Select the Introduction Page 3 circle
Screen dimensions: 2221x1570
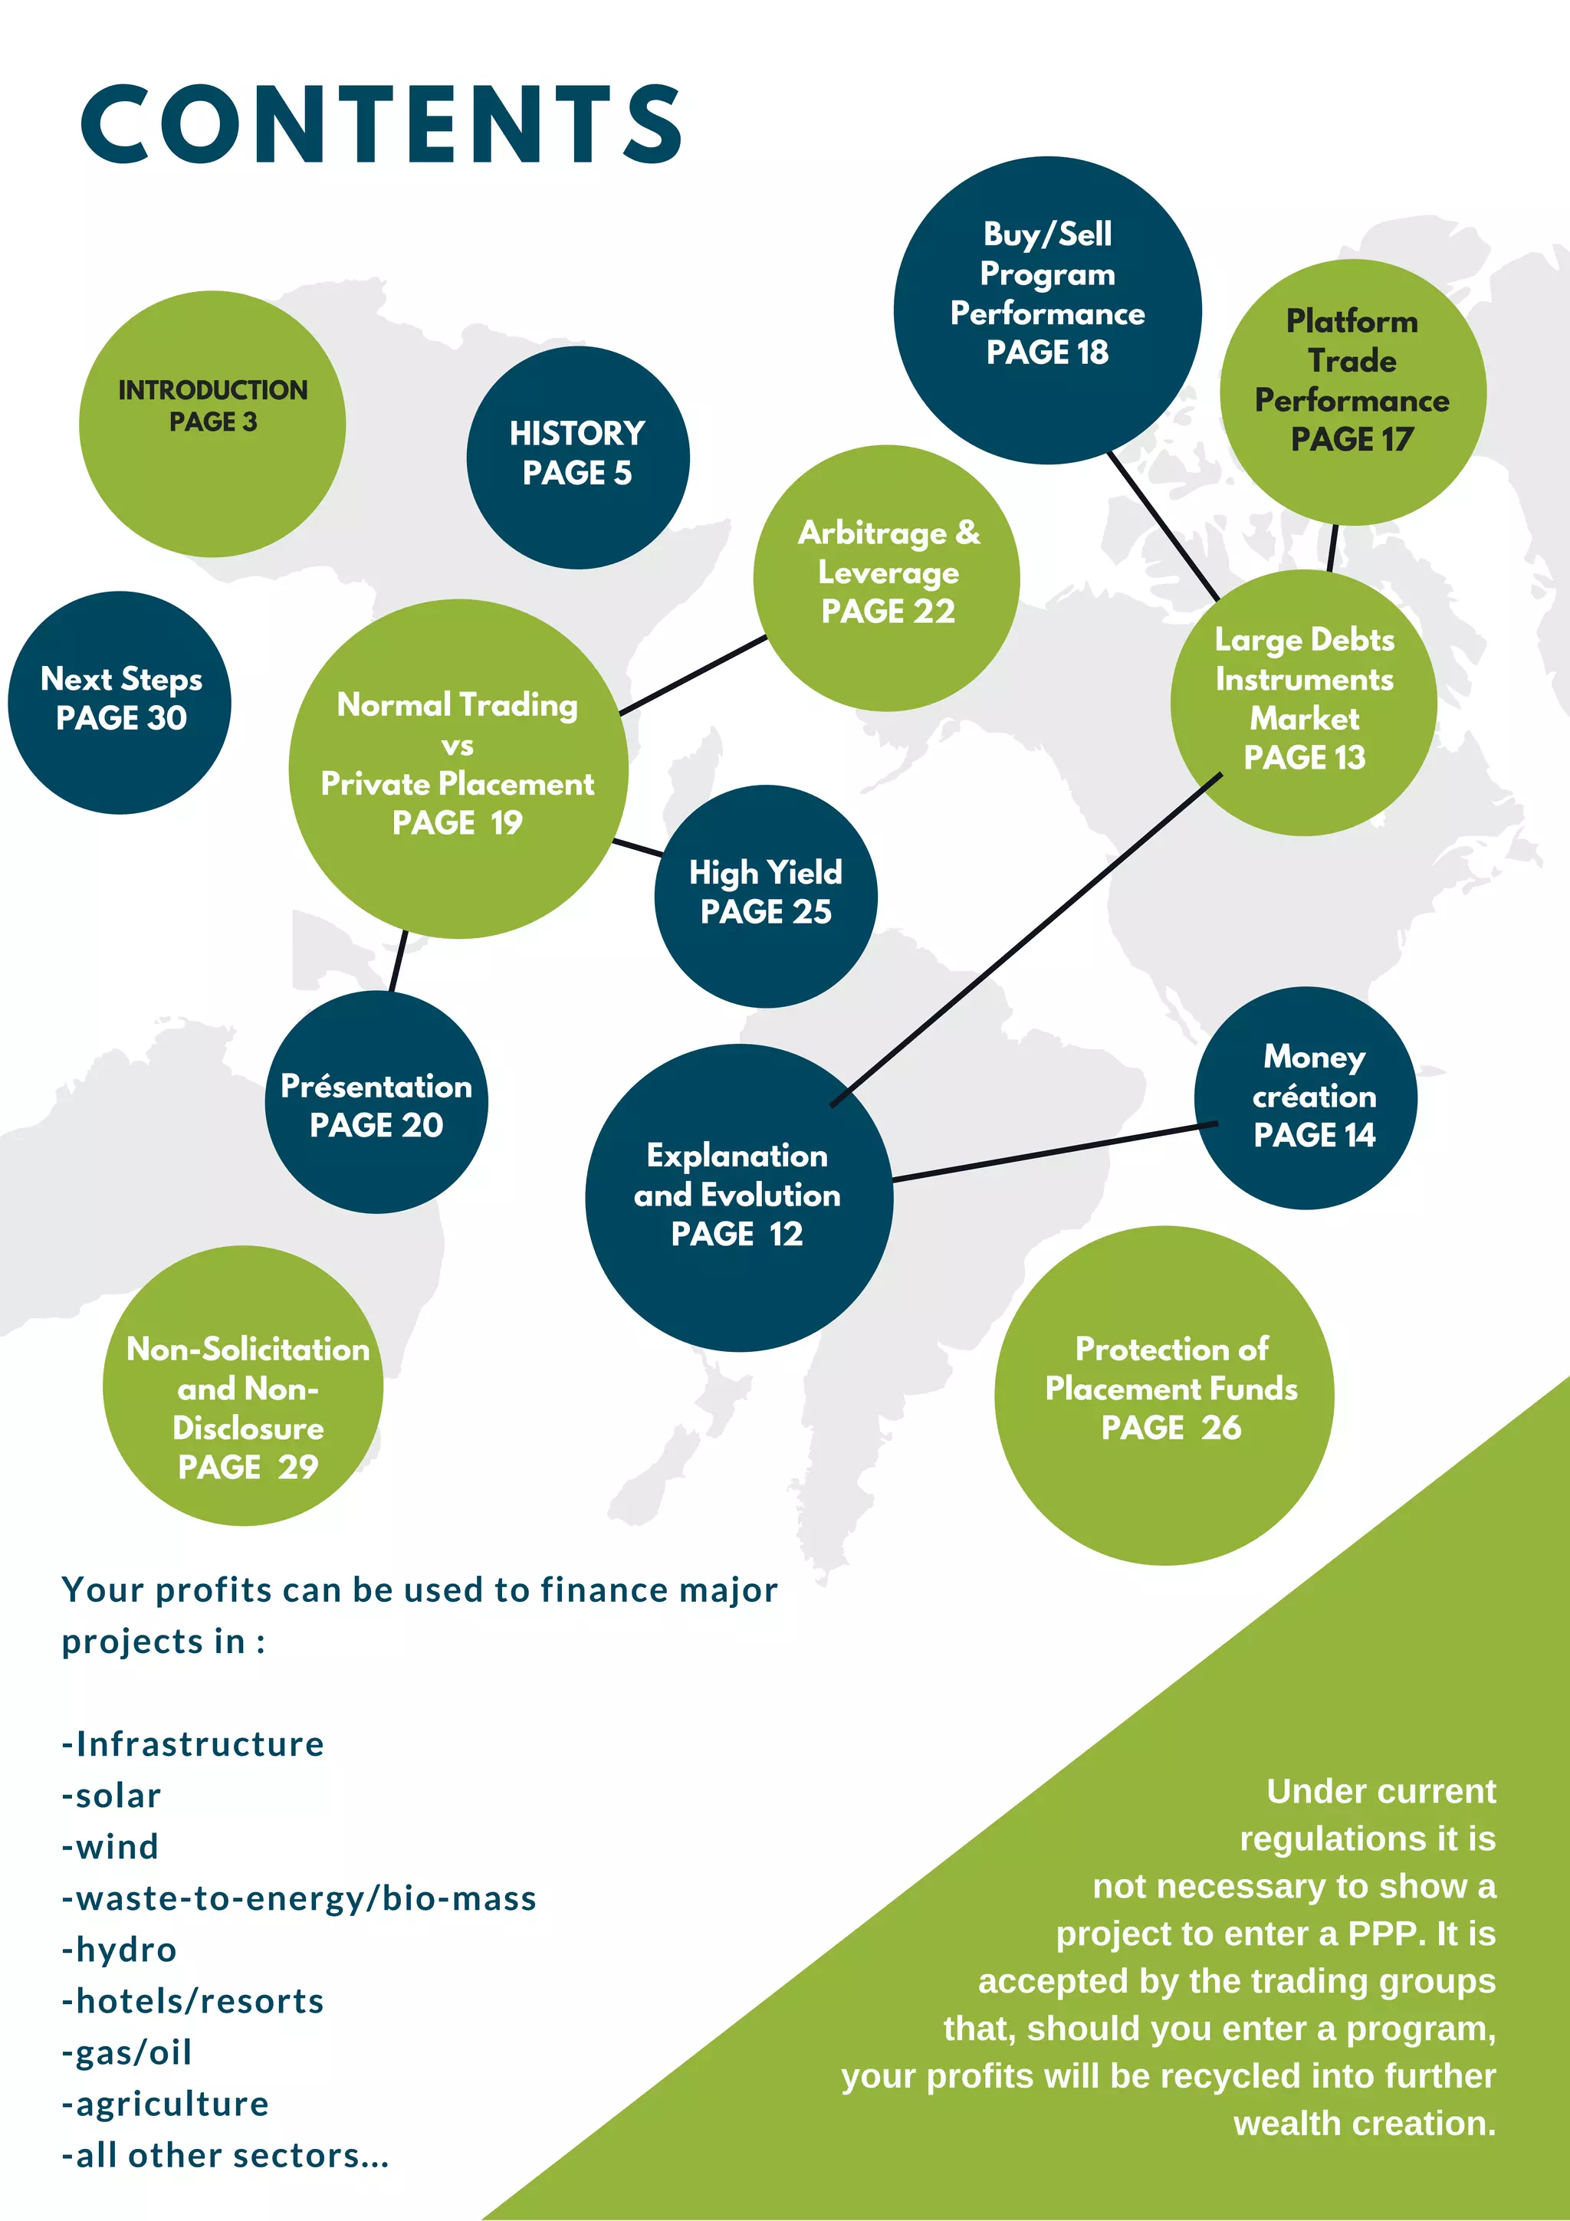(x=212, y=424)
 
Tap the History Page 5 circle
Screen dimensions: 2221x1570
(x=577, y=457)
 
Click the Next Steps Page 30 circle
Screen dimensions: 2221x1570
(x=120, y=702)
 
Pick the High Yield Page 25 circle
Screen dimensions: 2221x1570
(x=765, y=896)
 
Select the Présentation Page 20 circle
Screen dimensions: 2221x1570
(x=376, y=1102)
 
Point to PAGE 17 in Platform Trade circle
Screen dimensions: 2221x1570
(x=1352, y=439)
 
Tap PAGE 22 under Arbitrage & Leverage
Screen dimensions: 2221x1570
(x=887, y=612)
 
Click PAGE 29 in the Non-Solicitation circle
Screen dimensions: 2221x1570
(x=248, y=1466)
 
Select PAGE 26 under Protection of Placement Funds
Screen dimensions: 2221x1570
(x=1171, y=1427)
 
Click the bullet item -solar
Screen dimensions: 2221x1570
(x=111, y=1796)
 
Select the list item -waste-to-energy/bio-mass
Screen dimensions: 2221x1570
(x=299, y=1898)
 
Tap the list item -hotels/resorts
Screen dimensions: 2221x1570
(x=192, y=2000)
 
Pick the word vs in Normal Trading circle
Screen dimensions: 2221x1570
(x=457, y=746)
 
